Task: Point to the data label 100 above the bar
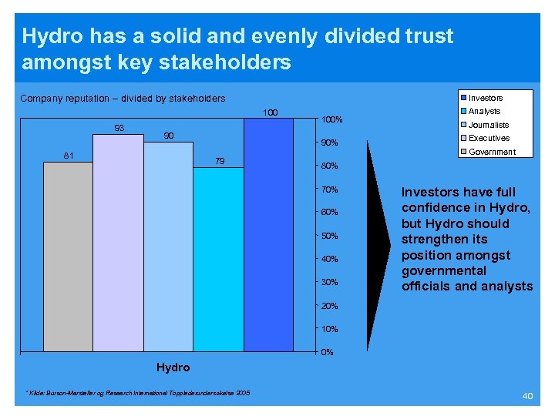point(270,113)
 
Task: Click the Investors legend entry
point(485,98)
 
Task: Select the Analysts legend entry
point(484,111)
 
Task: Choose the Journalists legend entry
point(488,125)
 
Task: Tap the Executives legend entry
point(489,138)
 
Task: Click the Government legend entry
point(492,152)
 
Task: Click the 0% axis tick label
point(327,353)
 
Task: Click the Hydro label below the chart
point(173,367)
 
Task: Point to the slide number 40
point(527,395)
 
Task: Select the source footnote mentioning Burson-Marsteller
point(138,394)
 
